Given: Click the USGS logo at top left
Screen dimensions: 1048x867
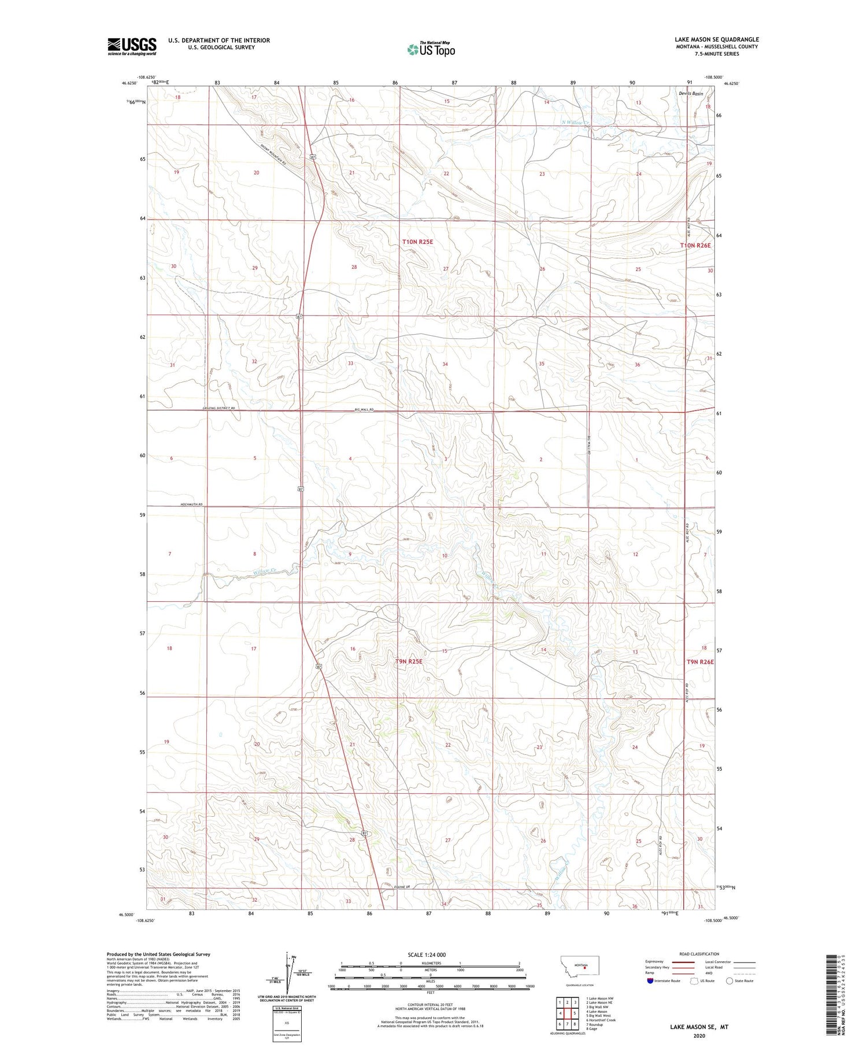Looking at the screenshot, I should click(x=132, y=46).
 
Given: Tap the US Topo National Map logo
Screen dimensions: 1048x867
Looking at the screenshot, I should click(x=431, y=50).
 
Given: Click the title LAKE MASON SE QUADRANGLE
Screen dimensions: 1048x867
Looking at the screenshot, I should click(x=716, y=40).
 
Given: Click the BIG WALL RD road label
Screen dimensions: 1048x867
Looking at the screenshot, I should click(x=364, y=409).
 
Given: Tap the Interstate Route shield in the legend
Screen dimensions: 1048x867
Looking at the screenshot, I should click(x=650, y=980).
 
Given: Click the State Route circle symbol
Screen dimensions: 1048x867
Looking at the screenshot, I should click(x=729, y=980).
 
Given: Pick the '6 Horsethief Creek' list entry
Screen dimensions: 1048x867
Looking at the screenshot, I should click(x=601, y=1020).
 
